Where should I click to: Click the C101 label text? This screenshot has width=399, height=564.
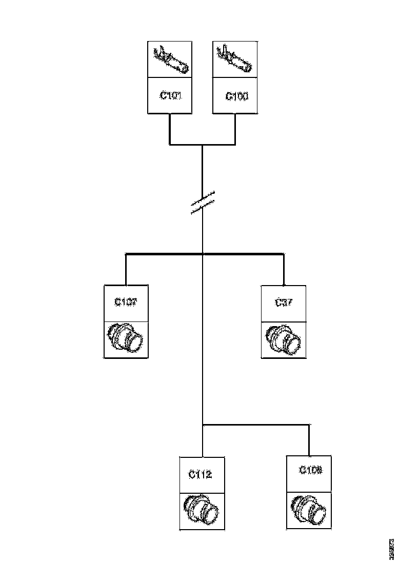170,95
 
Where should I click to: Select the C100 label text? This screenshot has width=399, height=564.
236,96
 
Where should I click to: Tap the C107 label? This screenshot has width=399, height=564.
126,302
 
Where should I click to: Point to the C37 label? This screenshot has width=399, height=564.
284,302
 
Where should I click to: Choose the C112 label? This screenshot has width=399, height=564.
200,474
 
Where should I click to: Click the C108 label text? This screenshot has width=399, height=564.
310,470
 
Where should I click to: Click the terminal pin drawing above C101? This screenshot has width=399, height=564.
171,59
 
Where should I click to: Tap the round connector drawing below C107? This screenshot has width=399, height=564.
126,338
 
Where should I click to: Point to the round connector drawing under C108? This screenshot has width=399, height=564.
309,510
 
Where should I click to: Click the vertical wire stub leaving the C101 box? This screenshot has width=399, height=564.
170,128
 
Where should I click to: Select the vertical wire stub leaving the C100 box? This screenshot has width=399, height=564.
235,128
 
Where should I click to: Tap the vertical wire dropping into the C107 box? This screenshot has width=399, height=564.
126,269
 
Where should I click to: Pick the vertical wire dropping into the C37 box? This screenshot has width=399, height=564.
284,269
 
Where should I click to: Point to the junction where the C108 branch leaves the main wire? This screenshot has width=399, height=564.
203,425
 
